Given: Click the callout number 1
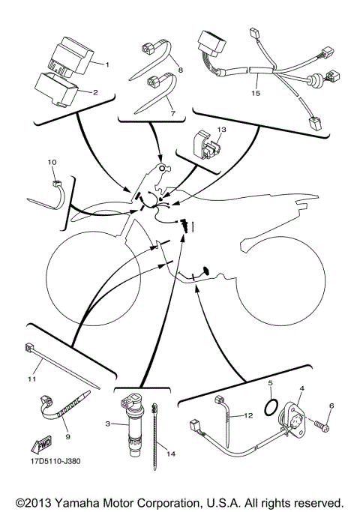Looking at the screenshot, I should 107,64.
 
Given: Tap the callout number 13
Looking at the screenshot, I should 220,130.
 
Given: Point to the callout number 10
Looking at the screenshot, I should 52,161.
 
